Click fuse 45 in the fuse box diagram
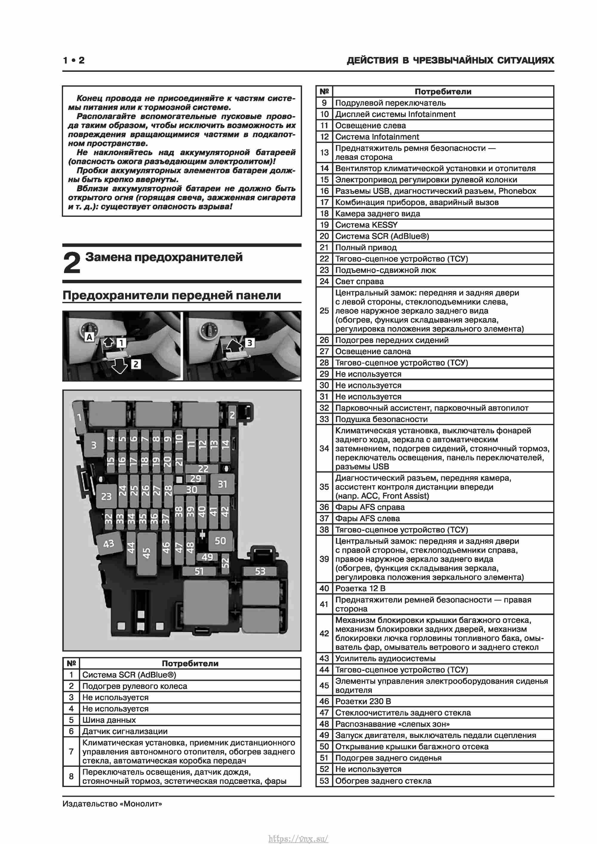pos(146,553)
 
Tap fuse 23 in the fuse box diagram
pos(106,496)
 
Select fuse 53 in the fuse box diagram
pos(260,571)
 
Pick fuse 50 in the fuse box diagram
pos(220,540)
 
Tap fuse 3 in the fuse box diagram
pos(94,445)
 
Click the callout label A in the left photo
pos(89,337)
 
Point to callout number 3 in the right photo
pos(250,343)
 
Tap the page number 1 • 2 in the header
pos(73,60)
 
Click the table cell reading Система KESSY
pos(366,225)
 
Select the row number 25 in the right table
pos(324,310)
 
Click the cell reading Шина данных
pos(109,720)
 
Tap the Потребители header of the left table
pos(190,663)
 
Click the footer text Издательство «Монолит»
pos(112,804)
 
